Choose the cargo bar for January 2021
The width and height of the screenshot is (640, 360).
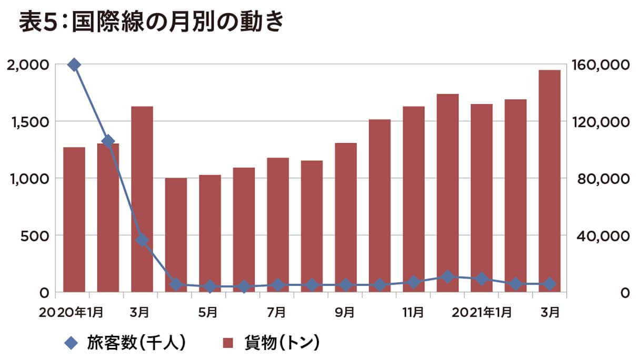(x=482, y=197)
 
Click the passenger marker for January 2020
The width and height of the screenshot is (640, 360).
(x=74, y=65)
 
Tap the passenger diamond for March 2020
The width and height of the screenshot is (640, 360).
(x=142, y=240)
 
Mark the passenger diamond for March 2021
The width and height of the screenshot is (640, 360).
(x=549, y=284)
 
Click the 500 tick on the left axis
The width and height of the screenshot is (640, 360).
(x=34, y=235)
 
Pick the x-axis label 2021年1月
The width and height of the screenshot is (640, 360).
(x=481, y=312)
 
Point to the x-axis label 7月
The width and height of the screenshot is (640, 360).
(x=277, y=312)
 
